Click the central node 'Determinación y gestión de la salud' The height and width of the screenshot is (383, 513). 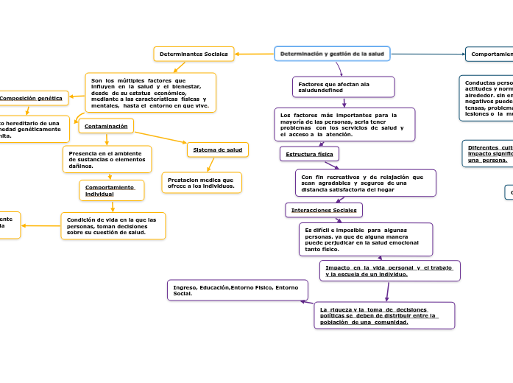(332, 54)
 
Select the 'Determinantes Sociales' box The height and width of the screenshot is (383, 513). (194, 54)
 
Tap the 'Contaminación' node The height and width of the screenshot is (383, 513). (106, 127)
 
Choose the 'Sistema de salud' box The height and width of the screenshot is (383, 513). (218, 150)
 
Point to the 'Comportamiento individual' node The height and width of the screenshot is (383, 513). (111, 191)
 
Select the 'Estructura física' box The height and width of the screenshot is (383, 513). (309, 154)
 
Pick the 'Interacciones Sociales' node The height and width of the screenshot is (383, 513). (324, 211)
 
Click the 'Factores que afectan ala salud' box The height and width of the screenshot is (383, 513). (343, 87)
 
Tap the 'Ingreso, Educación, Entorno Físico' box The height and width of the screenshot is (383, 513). (238, 290)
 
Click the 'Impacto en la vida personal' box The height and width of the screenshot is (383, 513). (389, 271)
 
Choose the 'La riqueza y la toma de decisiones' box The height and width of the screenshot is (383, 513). (384, 315)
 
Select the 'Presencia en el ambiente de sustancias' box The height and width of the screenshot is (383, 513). (107, 159)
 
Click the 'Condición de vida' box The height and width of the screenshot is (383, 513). (113, 226)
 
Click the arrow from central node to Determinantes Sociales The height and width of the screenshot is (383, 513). (255, 54)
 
